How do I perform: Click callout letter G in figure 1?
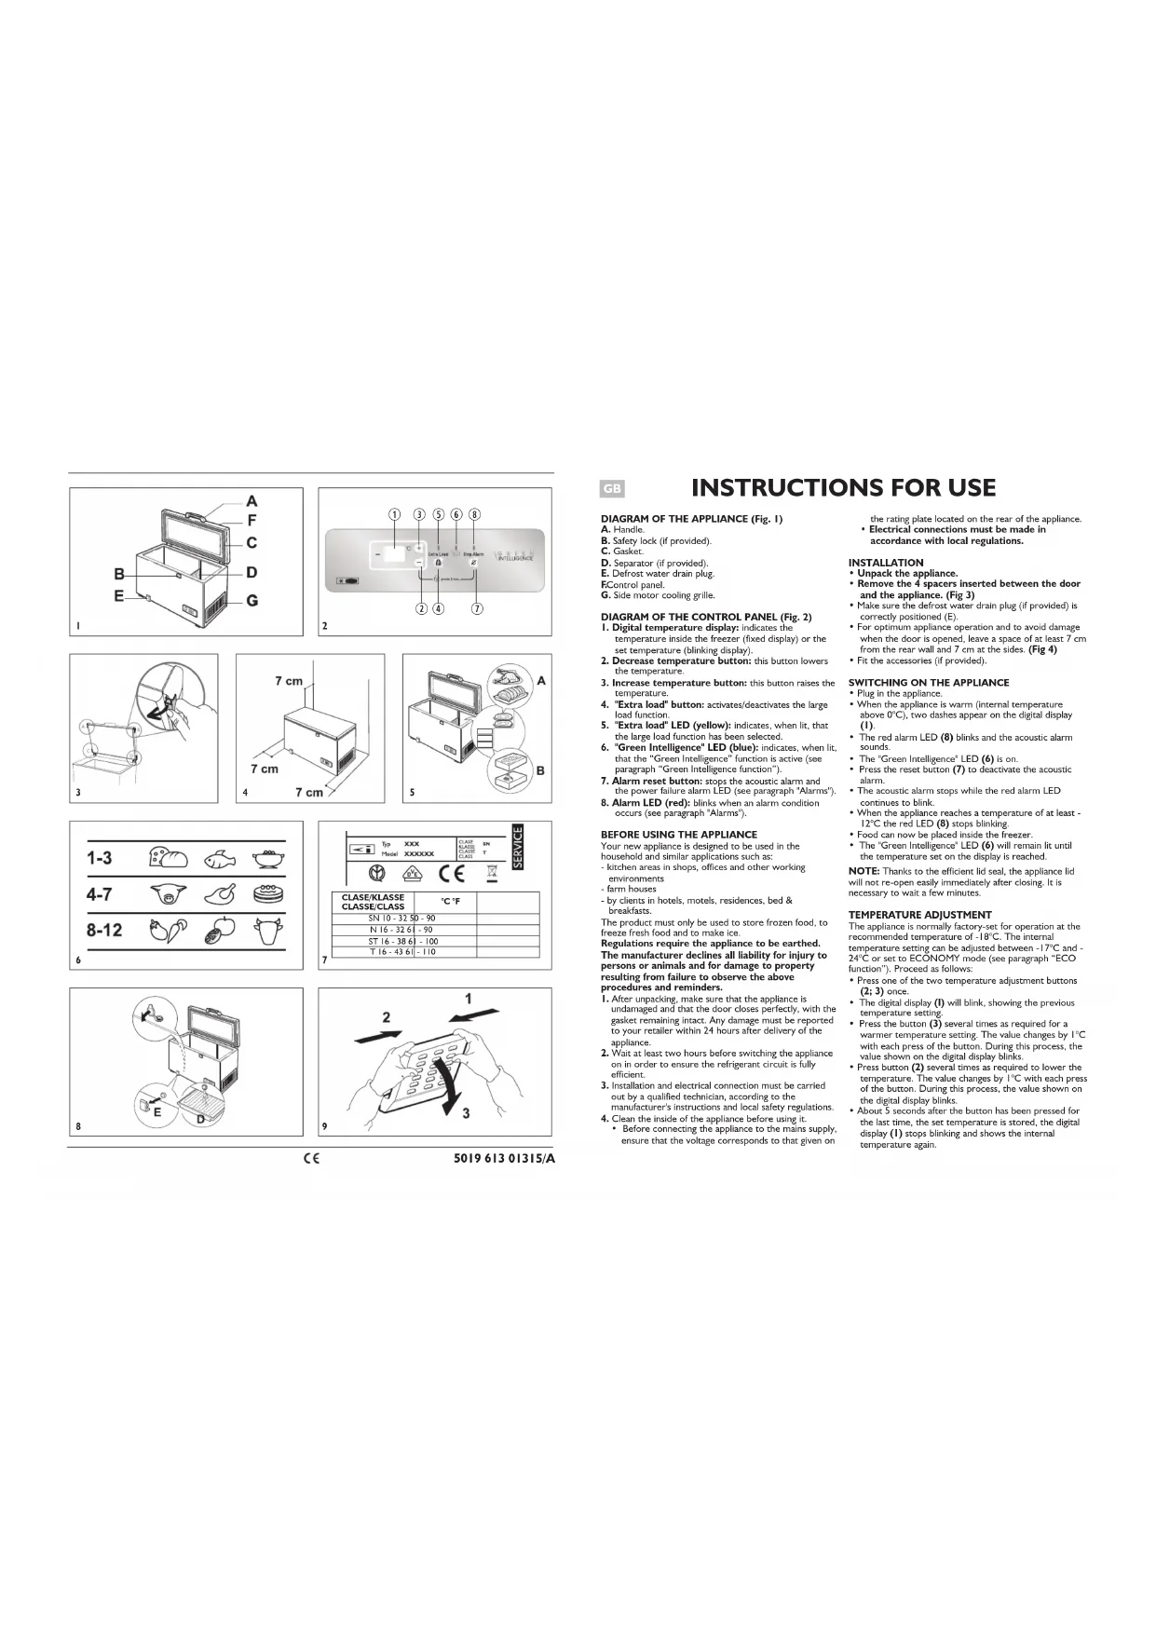pos(252,601)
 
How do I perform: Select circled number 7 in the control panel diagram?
pos(477,609)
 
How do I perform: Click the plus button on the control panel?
pos(419,548)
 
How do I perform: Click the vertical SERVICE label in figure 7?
pos(520,848)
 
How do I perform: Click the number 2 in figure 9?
pos(386,1016)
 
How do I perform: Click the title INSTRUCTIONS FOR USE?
pos(843,488)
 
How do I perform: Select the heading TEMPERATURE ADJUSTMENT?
pos(919,915)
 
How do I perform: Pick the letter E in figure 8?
pos(156,1111)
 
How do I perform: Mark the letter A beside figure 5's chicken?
pos(541,681)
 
